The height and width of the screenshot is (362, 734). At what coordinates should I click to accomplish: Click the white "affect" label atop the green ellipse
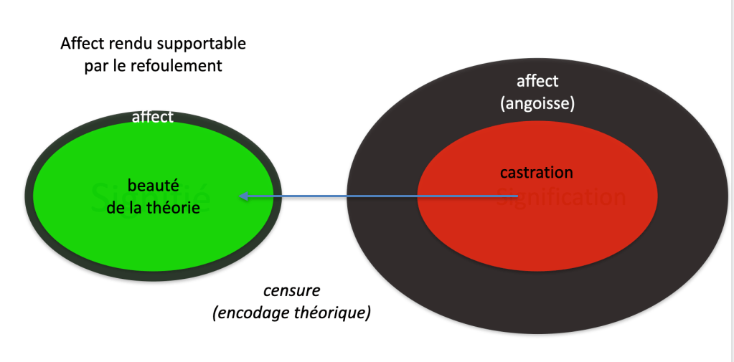[x=153, y=116]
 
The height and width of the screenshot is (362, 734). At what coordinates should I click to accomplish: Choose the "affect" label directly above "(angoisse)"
[x=537, y=81]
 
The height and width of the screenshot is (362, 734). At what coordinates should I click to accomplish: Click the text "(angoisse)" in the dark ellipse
[x=537, y=103]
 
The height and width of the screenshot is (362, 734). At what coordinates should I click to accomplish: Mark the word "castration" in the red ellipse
[x=537, y=172]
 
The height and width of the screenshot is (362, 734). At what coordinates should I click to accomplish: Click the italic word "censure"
[x=291, y=291]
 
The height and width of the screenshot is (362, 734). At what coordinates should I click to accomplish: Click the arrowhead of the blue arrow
[x=243, y=196]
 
